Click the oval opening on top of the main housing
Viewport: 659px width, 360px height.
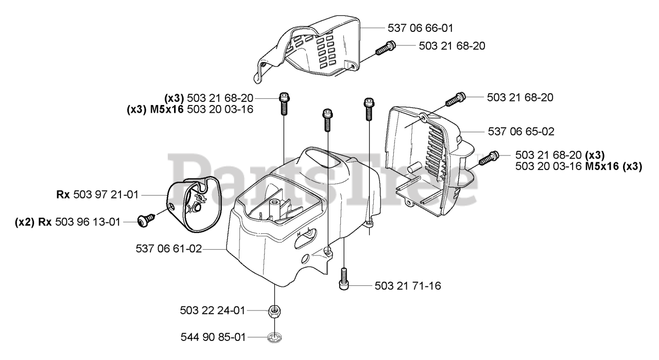pos(324,157)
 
